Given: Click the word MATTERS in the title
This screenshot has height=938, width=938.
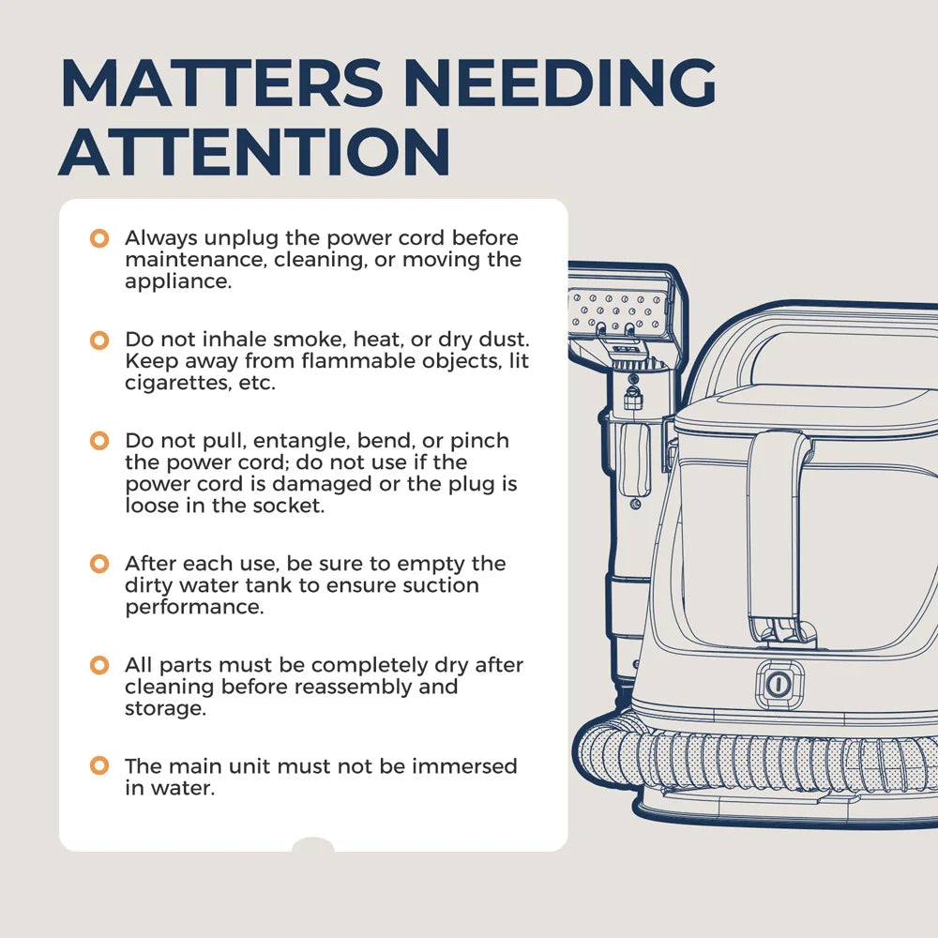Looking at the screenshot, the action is click(x=222, y=83).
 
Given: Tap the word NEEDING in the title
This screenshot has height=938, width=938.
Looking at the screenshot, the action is click(x=560, y=83).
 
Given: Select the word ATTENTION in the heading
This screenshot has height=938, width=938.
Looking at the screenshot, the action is click(x=254, y=152).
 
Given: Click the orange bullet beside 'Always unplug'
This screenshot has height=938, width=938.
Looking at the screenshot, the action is click(x=99, y=238).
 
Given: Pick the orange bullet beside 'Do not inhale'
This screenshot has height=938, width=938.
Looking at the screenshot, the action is click(x=99, y=340).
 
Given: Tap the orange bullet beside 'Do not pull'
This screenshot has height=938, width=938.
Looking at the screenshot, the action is click(x=99, y=441).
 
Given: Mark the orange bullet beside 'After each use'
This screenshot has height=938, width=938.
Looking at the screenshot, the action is click(x=99, y=564).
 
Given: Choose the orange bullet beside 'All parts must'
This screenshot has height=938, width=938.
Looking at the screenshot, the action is click(x=99, y=665).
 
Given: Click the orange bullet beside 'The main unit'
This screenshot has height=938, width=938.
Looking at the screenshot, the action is click(x=99, y=765).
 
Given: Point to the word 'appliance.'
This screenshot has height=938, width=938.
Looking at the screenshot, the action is click(x=178, y=282).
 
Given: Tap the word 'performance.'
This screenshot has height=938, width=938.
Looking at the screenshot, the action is click(x=194, y=608).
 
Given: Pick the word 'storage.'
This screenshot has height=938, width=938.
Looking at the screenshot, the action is click(x=166, y=709).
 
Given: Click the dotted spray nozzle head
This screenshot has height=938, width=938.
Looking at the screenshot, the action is click(x=620, y=309).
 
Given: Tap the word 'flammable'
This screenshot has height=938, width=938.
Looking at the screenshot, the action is click(x=377, y=361).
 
